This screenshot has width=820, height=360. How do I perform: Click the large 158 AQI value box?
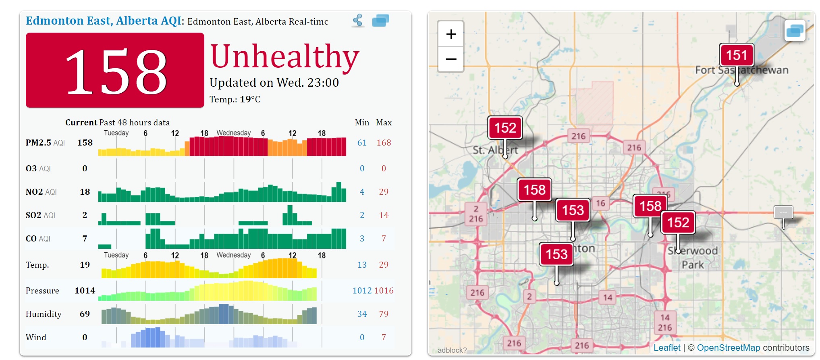tap(115, 70)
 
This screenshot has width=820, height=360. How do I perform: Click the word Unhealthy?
tap(284, 56)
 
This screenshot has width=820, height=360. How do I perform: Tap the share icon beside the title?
tap(358, 20)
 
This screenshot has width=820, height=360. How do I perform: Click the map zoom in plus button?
tap(451, 34)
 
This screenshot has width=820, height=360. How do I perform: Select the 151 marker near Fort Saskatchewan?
tap(736, 55)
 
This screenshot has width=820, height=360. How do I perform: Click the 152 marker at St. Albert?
tap(505, 128)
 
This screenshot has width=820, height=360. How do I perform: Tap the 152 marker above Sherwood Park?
tap(678, 223)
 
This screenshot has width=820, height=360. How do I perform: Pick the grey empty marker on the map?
tap(783, 212)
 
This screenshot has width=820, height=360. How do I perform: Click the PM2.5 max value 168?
tap(384, 143)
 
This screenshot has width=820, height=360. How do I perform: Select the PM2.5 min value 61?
tap(362, 143)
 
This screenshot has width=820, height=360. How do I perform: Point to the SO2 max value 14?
tap(384, 215)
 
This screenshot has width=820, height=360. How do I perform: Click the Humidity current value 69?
tap(85, 314)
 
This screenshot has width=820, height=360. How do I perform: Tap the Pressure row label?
tap(42, 291)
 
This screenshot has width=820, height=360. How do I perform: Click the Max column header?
tap(384, 123)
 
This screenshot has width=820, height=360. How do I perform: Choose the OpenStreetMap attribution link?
tap(728, 348)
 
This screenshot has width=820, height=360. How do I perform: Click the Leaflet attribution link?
tap(666, 348)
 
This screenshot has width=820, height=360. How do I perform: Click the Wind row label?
tap(36, 337)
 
